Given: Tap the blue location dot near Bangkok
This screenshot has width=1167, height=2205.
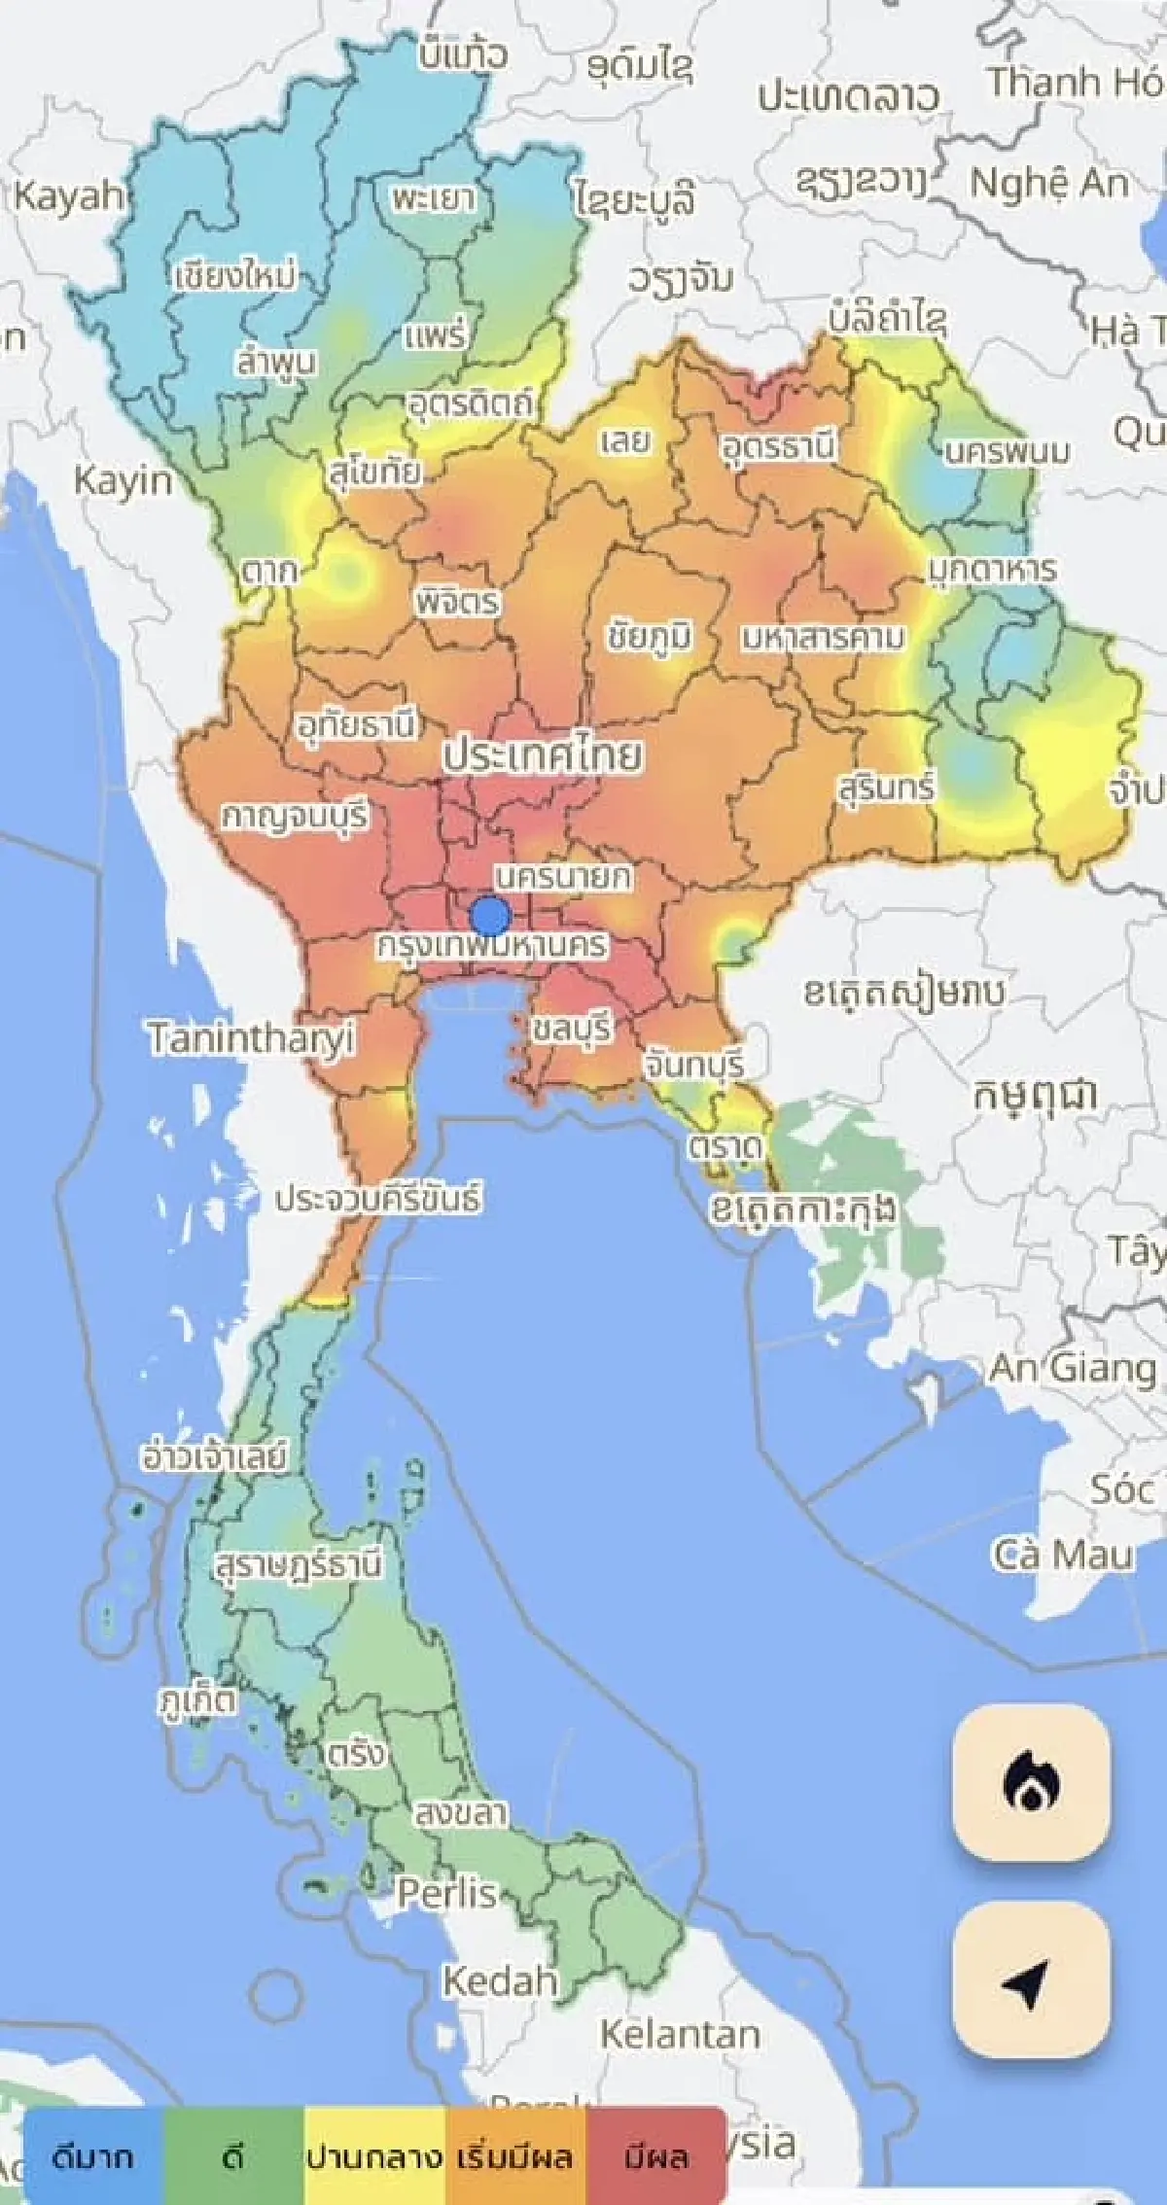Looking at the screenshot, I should [x=490, y=916].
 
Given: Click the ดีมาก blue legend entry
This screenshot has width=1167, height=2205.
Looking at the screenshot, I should [x=92, y=2157].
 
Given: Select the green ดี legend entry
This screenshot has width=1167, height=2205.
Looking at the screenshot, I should [x=233, y=2157].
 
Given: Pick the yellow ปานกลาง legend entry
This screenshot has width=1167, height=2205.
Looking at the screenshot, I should [x=374, y=2157].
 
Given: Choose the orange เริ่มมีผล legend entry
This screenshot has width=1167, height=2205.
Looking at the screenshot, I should [x=515, y=2157].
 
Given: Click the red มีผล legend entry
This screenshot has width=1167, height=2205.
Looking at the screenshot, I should [x=656, y=2157].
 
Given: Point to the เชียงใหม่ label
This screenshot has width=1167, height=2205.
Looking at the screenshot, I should [x=236, y=276].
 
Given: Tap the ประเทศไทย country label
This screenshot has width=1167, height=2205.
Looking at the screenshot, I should [x=543, y=755].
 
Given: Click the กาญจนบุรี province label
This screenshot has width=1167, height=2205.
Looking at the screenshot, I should [x=296, y=815].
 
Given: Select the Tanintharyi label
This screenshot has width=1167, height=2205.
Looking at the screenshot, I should [x=251, y=1038].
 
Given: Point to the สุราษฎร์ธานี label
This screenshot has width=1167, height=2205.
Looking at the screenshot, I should [x=299, y=1563].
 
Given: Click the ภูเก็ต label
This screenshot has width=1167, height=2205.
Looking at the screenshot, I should [x=198, y=1700].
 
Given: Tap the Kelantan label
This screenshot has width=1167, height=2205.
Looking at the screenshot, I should [x=680, y=2033].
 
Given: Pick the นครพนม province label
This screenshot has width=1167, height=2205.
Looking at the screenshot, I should [x=1008, y=451].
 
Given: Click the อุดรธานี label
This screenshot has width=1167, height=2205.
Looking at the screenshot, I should [x=778, y=447].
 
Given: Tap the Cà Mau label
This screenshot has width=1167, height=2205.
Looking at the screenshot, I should [x=1063, y=1554].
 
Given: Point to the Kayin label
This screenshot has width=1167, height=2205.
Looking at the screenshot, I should [x=124, y=480].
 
